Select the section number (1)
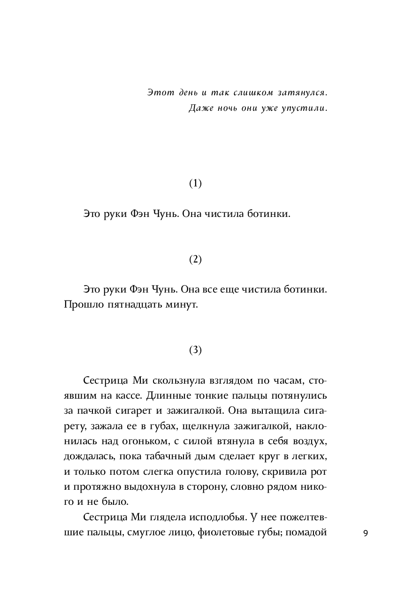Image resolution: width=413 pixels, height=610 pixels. click(195, 184)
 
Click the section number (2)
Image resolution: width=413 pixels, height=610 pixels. click(195, 259)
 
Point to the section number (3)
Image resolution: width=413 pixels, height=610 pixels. click(195, 350)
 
